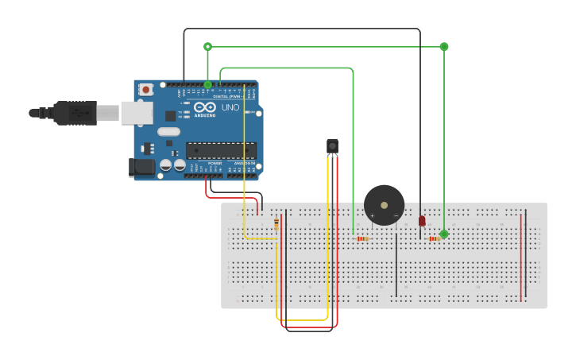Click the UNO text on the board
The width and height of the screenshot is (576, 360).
pyautogui.click(x=230, y=107)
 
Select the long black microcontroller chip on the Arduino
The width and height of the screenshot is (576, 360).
pyautogui.click(x=221, y=150)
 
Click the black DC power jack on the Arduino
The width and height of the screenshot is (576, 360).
pyautogui.click(x=141, y=167)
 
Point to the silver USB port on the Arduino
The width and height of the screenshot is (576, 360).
pyautogui.click(x=137, y=113)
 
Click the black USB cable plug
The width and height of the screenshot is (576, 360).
pyautogui.click(x=75, y=113)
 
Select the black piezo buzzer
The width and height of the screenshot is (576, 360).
pyautogui.click(x=384, y=205)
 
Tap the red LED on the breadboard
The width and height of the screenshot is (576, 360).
pyautogui.click(x=422, y=220)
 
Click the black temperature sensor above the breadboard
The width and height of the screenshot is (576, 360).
pyautogui.click(x=332, y=145)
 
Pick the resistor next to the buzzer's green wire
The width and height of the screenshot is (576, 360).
pyautogui.click(x=362, y=238)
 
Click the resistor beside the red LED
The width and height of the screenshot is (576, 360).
pyautogui.click(x=434, y=238)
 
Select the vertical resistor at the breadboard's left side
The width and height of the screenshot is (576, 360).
pyautogui.click(x=276, y=224)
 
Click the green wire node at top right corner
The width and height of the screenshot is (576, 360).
pyautogui.click(x=444, y=46)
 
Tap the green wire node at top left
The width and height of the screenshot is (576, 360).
pyautogui.click(x=208, y=46)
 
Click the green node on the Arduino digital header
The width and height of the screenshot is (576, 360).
pyautogui.click(x=208, y=84)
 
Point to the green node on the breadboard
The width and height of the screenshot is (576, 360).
pyautogui.click(x=444, y=234)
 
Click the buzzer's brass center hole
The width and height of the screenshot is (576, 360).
pyautogui.click(x=385, y=204)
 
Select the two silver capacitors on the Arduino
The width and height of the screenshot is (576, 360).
pyautogui.click(x=173, y=165)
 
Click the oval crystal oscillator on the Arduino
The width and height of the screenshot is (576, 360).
pyautogui.click(x=168, y=131)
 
